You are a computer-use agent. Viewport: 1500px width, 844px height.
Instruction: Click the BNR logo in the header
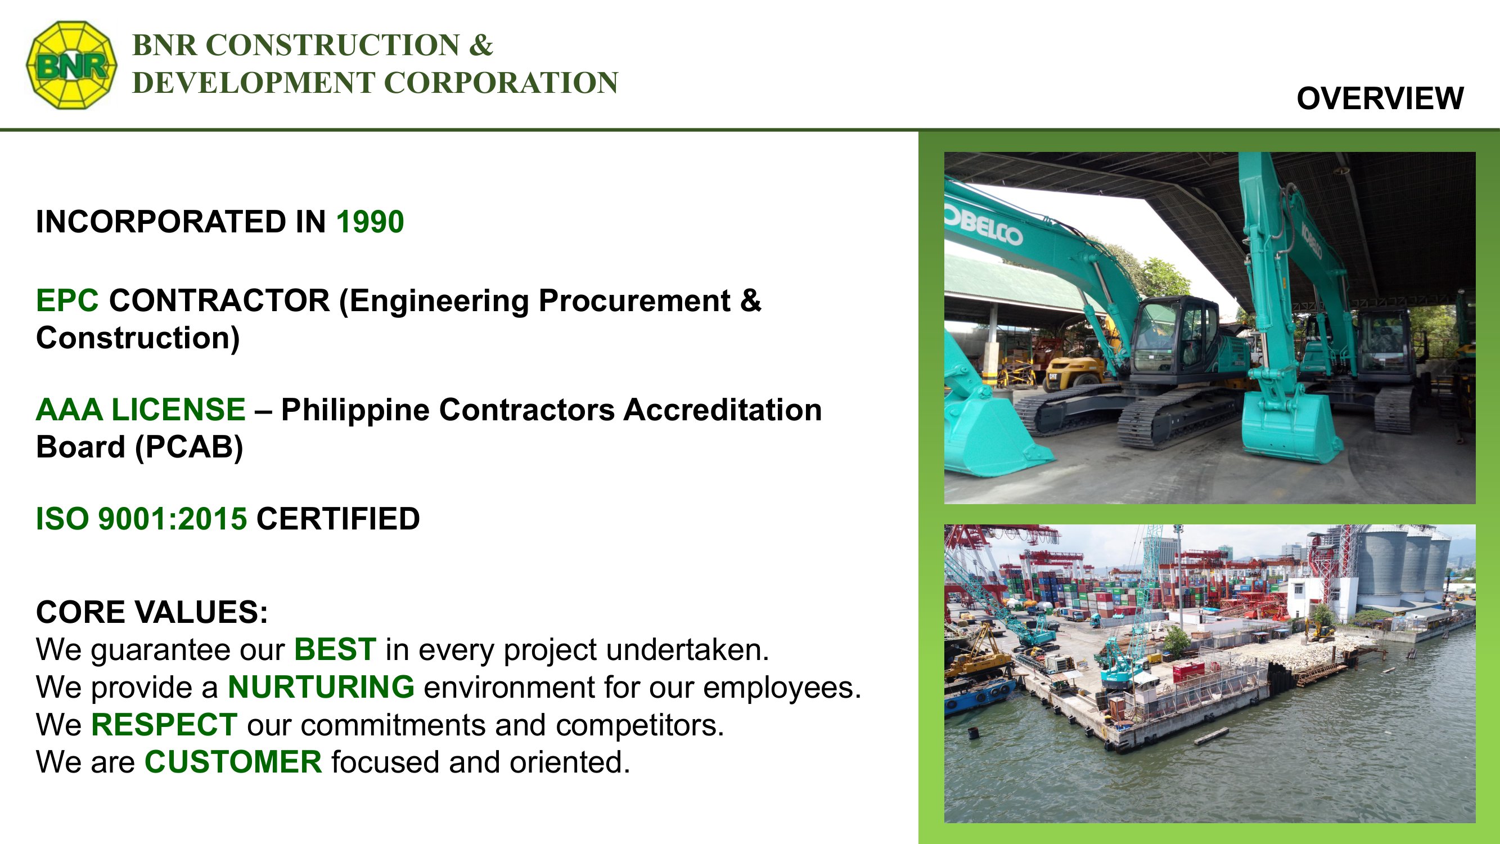(71, 65)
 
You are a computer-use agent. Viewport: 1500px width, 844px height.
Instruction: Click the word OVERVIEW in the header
(1380, 98)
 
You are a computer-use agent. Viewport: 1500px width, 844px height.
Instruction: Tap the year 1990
(370, 222)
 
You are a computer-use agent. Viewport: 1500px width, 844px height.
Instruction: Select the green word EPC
(67, 300)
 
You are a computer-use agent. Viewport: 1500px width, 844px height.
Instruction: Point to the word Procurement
(634, 301)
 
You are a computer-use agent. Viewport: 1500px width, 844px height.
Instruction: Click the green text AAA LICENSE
(141, 410)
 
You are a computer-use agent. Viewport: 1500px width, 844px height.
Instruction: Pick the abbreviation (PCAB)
(188, 447)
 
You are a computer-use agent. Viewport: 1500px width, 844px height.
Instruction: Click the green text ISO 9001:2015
(142, 519)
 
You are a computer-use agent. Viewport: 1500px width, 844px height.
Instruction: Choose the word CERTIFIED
(337, 519)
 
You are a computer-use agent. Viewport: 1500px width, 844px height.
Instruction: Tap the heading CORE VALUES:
(152, 612)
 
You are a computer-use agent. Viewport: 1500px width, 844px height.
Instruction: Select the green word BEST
(335, 649)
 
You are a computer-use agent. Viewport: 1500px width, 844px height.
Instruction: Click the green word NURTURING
(321, 688)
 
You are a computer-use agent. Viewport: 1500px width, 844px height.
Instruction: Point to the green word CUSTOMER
(233, 762)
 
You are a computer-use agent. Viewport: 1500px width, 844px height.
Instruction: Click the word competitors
(639, 726)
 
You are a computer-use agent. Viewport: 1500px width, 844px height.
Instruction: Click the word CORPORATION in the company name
(501, 83)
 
